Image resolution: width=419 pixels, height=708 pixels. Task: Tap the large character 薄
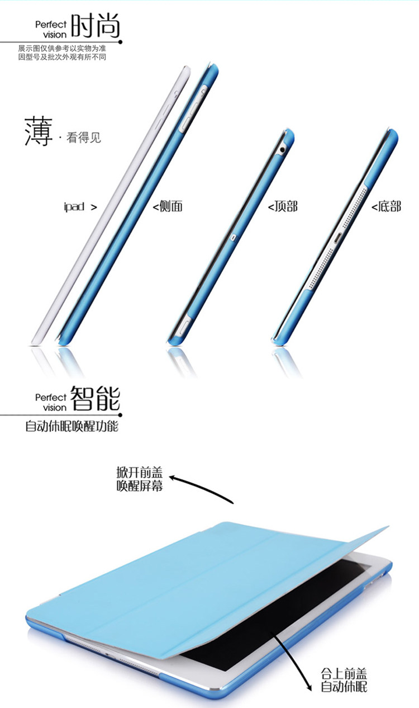click(38, 132)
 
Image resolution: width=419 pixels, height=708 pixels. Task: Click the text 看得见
click(84, 137)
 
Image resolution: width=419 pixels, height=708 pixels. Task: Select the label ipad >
click(80, 207)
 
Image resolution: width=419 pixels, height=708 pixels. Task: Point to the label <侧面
click(168, 206)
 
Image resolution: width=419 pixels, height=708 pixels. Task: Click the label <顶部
click(283, 206)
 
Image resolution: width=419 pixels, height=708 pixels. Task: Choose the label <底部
click(387, 206)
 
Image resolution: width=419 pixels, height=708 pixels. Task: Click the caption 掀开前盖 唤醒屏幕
click(140, 480)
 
